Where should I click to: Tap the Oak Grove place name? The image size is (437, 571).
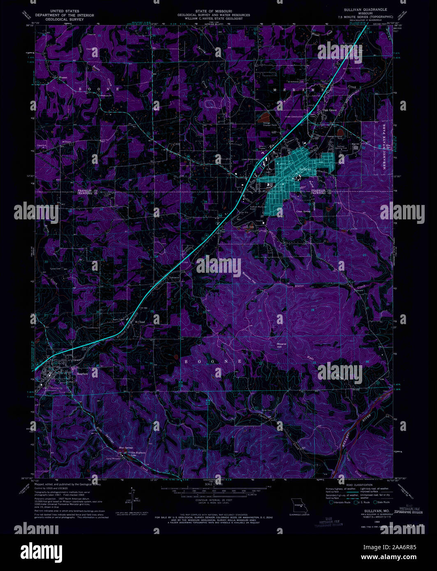pyautogui.click(x=330, y=110)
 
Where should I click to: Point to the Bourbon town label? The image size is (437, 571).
pyautogui.click(x=83, y=374)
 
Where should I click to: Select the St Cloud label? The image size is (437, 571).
pyautogui.click(x=141, y=322)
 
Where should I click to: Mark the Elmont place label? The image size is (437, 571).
pyautogui.click(x=62, y=77)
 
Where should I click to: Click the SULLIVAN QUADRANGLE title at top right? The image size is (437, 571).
pyautogui.click(x=362, y=9)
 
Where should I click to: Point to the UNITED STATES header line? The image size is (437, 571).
pyautogui.click(x=64, y=11)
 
